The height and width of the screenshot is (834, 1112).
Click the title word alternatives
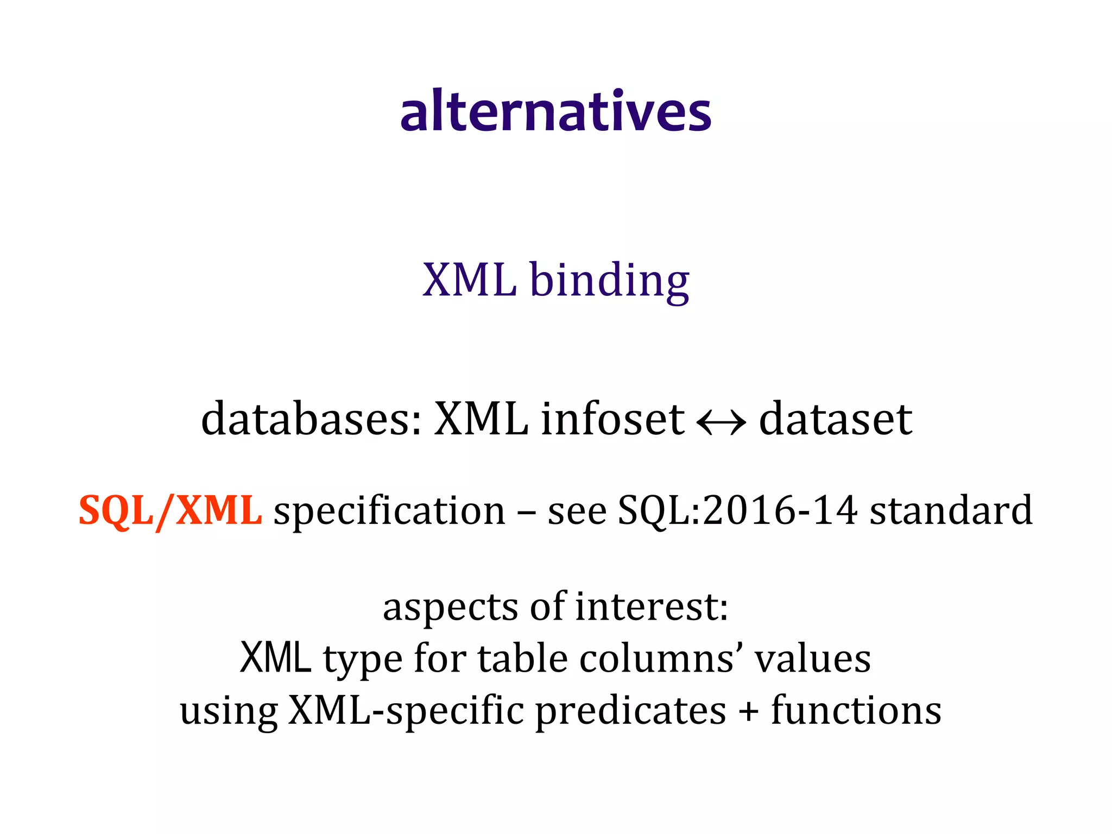click(555, 111)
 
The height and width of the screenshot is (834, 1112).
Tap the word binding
click(609, 281)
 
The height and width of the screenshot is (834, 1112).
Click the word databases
click(311, 419)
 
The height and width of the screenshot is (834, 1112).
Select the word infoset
click(612, 419)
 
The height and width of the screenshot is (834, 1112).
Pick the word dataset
click(836, 419)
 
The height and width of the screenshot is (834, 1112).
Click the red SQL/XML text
click(170, 511)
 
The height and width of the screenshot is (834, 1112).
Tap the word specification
click(389, 512)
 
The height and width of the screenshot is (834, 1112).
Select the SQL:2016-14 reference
click(738, 511)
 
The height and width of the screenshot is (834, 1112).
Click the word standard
click(951, 511)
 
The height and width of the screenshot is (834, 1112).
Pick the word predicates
click(630, 711)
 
